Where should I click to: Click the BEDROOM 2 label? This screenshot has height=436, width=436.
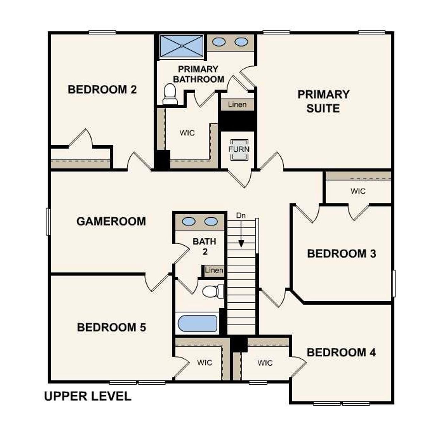(x=102, y=90)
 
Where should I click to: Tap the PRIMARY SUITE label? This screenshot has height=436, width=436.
(x=323, y=101)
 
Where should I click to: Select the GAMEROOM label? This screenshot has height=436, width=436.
(x=111, y=221)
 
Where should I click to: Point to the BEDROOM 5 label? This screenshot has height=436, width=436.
(x=111, y=327)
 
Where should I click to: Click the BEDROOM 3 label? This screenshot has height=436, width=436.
(x=341, y=254)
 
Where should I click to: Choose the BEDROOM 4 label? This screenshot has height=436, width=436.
(x=341, y=353)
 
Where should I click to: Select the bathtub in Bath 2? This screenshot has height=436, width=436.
(x=198, y=324)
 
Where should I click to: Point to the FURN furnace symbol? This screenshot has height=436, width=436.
(x=239, y=150)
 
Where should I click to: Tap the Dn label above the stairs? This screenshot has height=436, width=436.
(x=241, y=216)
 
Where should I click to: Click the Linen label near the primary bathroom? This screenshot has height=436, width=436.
(x=237, y=104)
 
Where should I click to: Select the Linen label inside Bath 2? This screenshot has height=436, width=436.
(x=214, y=270)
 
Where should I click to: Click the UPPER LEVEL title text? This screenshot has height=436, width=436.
(x=88, y=396)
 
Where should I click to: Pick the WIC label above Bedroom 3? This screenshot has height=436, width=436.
(x=358, y=191)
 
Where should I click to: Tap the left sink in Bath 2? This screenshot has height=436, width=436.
(x=189, y=221)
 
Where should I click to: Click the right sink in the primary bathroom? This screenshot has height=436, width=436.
(x=241, y=42)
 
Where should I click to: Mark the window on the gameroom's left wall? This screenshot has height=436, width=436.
(x=48, y=222)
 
